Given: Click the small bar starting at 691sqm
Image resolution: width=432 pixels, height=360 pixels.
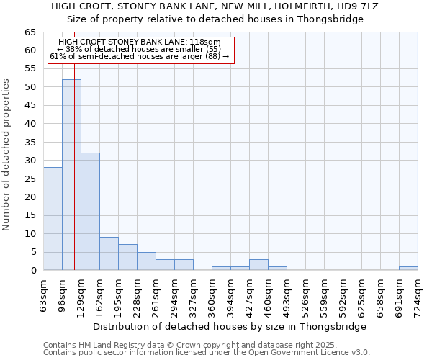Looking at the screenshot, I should [408, 268].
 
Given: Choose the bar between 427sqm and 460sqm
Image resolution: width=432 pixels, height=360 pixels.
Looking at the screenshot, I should [258, 264].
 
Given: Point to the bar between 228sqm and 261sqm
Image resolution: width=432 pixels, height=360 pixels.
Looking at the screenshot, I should [146, 261].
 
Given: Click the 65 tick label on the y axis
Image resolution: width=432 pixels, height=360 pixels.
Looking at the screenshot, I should [30, 32].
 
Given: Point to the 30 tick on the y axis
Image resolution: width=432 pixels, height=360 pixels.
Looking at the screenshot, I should [30, 161].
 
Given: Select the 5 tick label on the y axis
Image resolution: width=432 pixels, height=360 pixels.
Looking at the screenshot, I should [33, 252].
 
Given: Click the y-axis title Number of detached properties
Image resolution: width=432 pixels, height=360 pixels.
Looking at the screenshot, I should [7, 155].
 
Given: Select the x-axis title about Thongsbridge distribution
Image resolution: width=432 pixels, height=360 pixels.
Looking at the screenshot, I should [230, 326].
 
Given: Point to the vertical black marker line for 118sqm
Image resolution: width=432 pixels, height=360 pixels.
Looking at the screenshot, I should [74, 180].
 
